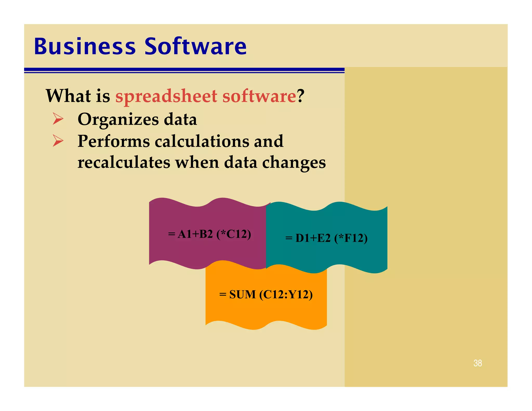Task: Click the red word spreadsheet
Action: click(166, 96)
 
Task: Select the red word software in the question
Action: click(259, 96)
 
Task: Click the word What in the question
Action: click(68, 96)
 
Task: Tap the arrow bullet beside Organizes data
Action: click(58, 119)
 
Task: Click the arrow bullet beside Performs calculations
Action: click(58, 141)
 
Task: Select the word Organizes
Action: click(118, 120)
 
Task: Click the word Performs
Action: click(114, 141)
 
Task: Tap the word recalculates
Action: click(124, 163)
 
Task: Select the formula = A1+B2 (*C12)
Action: click(209, 234)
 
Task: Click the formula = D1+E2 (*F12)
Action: click(326, 238)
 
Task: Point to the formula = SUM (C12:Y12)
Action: click(266, 295)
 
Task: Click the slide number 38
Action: click(477, 363)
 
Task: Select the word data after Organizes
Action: click(180, 120)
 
